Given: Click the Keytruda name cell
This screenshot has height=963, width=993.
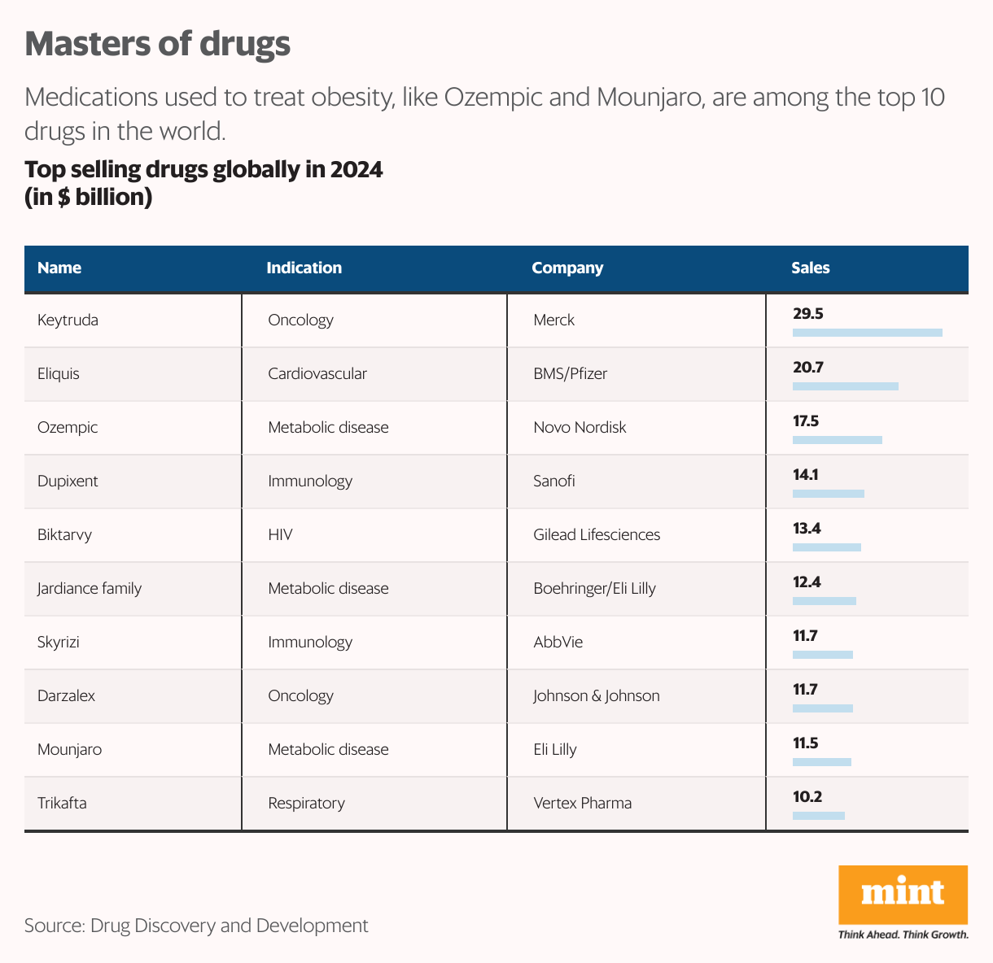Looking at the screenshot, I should pos(68,320).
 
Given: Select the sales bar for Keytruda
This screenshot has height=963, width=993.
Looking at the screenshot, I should pos(867,333).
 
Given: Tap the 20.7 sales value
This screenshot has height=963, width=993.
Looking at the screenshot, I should pos(808,368).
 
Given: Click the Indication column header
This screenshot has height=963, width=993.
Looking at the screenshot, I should pos(304,268).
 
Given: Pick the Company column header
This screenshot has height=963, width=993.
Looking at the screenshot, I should pos(567,268).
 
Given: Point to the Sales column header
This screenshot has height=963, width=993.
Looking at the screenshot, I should pos(810,268).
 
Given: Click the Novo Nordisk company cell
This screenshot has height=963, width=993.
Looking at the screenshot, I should pos(580,427).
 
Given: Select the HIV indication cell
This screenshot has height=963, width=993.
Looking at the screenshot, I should pos(280,534).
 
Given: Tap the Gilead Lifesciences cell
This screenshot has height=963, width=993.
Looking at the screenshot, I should pos(597,534).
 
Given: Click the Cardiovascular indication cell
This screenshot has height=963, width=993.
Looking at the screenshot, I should pos(317,373).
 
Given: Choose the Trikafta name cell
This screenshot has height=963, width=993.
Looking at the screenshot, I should pos(62,803).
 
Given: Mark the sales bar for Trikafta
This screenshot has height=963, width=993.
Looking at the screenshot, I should pos(818,816).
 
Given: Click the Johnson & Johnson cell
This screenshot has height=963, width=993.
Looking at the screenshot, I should pos(596,695).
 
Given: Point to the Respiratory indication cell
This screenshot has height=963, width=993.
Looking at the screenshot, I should pos(306,803).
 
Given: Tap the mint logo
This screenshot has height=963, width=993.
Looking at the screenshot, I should pos(903,895).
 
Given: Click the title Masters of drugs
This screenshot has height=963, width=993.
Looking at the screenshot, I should pos(157,44).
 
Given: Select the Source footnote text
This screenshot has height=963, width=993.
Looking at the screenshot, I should pos(196,925).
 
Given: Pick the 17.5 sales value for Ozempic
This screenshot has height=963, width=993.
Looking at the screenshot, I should pos(806,421).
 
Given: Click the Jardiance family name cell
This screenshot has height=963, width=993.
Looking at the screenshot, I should pos(90,588).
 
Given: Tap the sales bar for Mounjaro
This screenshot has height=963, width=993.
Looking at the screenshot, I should pos(821,762).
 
